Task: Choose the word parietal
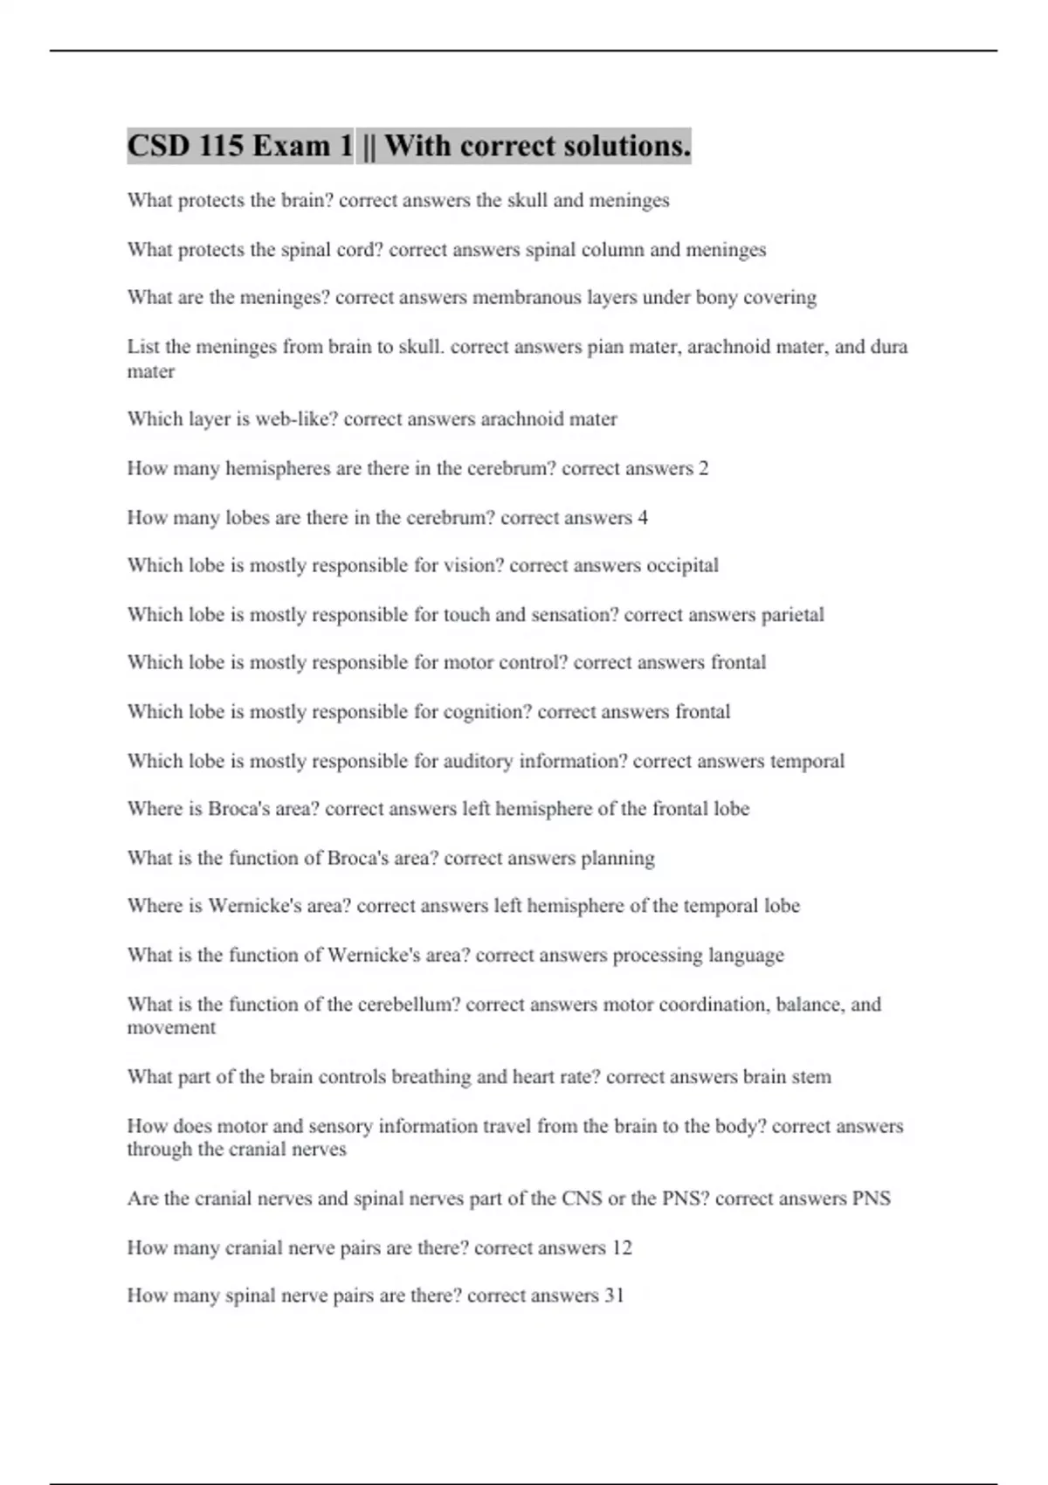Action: click(792, 615)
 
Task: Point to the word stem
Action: click(811, 1077)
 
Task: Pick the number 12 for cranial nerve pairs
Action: click(621, 1247)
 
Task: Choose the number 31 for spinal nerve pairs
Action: click(614, 1295)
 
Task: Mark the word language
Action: click(746, 956)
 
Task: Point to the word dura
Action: click(889, 347)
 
